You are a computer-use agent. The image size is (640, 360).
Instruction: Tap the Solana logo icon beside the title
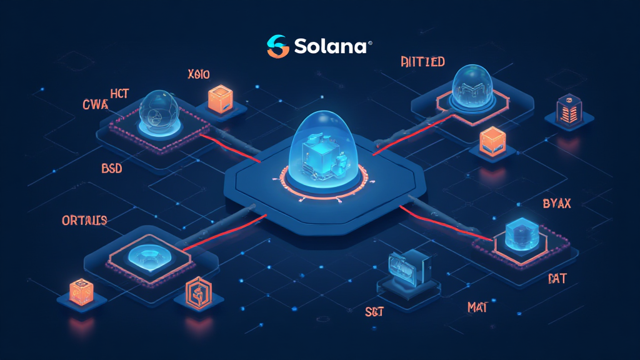pos(277,46)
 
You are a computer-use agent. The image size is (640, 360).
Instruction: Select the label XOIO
pos(199,75)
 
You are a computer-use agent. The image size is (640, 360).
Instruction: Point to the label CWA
pos(95,104)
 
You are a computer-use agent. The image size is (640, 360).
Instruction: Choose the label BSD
pos(112,168)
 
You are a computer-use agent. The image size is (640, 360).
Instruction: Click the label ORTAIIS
pos(84,221)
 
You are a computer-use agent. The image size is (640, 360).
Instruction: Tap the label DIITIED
pos(422,61)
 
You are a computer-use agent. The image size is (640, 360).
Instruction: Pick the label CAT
pos(556,278)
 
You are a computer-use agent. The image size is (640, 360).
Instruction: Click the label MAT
pos(477,307)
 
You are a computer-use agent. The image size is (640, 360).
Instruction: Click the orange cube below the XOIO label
pos(219,99)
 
